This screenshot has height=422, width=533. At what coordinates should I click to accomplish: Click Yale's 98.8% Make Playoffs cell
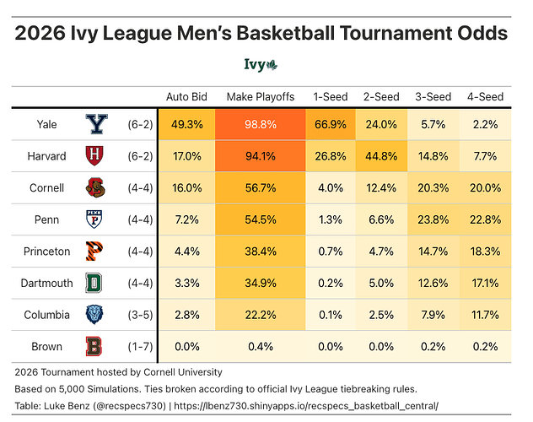260,124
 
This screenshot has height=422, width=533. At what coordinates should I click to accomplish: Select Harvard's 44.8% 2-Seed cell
380,156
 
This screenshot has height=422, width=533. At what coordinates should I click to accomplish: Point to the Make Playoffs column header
260,97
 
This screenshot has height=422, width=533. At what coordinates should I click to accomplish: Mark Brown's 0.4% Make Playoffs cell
260,347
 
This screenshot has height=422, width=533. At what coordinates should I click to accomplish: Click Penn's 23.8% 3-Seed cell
433,219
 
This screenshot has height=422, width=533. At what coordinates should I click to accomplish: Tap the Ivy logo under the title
266,65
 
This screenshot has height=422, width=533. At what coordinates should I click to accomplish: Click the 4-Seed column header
485,97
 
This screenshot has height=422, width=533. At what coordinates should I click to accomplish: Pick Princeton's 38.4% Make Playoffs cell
260,252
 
